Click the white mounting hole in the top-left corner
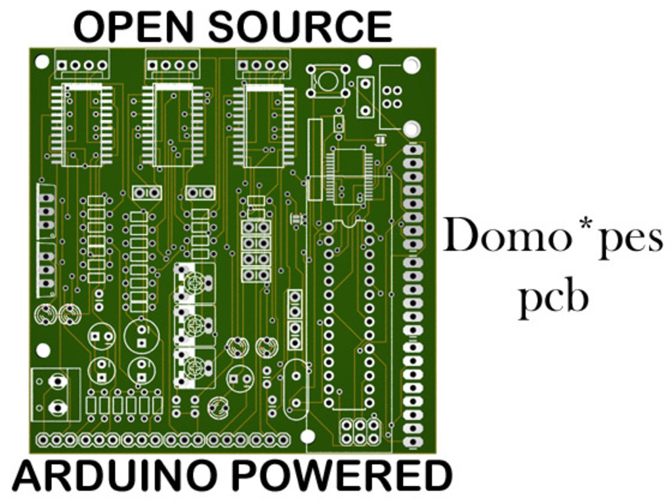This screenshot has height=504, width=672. pyautogui.click(x=42, y=62)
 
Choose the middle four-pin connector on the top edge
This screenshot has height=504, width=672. pyautogui.click(x=172, y=65)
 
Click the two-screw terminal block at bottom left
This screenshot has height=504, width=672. pyautogui.click(x=56, y=394)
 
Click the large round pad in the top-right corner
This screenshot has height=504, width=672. pyautogui.click(x=411, y=65)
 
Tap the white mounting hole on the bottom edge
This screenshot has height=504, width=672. pyautogui.click(x=308, y=436)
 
